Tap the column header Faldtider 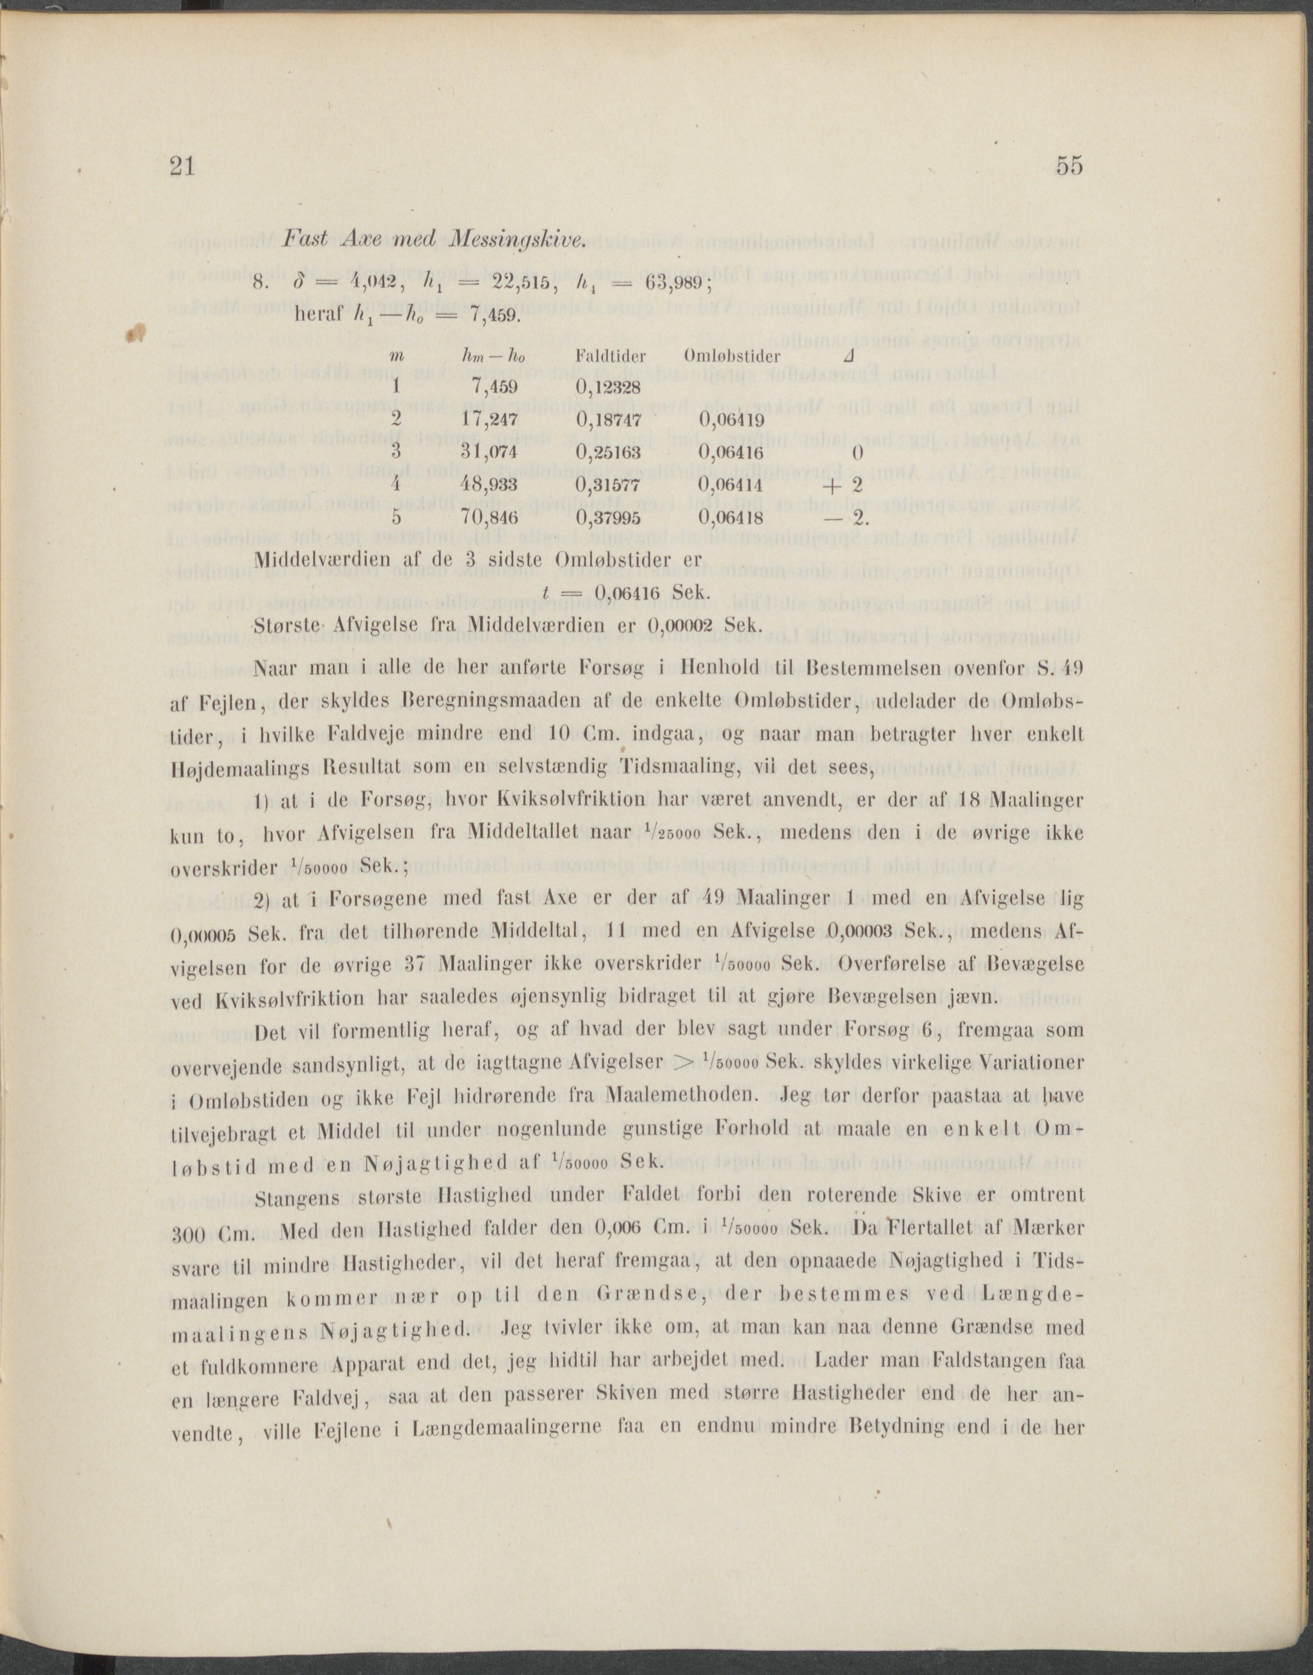[x=610, y=356]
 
